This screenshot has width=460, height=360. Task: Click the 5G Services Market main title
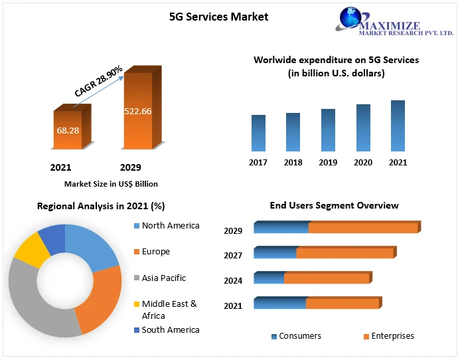pyautogui.click(x=218, y=17)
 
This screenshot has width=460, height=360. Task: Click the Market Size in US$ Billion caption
pyautogui.click(x=111, y=183)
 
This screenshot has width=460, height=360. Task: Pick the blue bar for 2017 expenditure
pyautogui.click(x=258, y=133)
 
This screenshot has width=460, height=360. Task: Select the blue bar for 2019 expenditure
pyautogui.click(x=328, y=130)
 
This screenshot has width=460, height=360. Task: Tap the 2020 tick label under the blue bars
pyautogui.click(x=363, y=163)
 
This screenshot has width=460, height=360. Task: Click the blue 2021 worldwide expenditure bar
pyautogui.click(x=398, y=126)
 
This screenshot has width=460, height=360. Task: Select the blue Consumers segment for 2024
pyautogui.click(x=269, y=278)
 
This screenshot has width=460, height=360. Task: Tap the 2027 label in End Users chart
pyautogui.click(x=233, y=256)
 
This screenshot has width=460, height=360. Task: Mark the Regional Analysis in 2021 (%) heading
pyautogui.click(x=101, y=206)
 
